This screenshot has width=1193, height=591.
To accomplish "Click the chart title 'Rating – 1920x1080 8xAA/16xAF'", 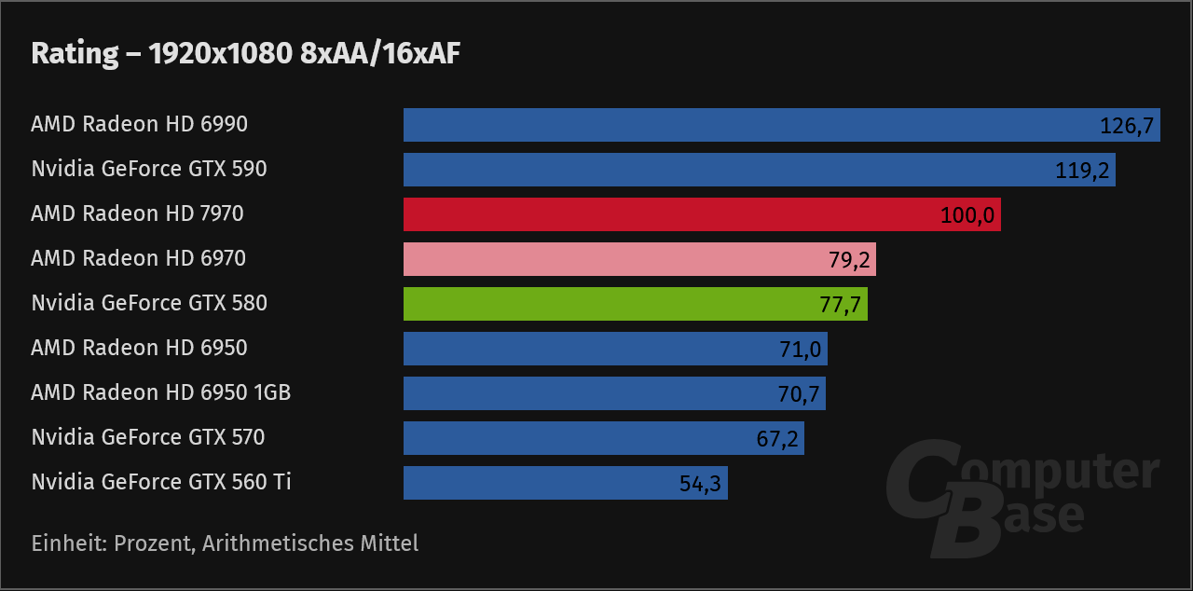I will pyautogui.click(x=246, y=54).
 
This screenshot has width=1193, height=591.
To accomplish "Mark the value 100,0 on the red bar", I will pyautogui.click(x=967, y=215).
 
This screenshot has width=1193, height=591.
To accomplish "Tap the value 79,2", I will pyautogui.click(x=849, y=260).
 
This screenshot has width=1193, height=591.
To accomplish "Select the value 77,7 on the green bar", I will pyautogui.click(x=841, y=305).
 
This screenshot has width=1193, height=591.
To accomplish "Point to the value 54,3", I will pyautogui.click(x=701, y=484).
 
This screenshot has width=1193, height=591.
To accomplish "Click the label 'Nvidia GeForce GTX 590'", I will pyautogui.click(x=149, y=170).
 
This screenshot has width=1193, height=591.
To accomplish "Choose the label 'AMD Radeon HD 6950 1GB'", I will pyautogui.click(x=161, y=393).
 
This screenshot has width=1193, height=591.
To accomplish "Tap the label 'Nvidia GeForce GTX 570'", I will pyautogui.click(x=148, y=438).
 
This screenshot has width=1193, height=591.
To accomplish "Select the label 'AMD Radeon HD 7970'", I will pyautogui.click(x=137, y=214).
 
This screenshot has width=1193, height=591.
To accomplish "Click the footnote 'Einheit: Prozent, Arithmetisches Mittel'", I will pyautogui.click(x=225, y=543).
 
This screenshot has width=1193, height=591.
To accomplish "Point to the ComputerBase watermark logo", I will pyautogui.click(x=1021, y=500).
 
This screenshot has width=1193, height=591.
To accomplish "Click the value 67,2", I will pyautogui.click(x=777, y=439).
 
